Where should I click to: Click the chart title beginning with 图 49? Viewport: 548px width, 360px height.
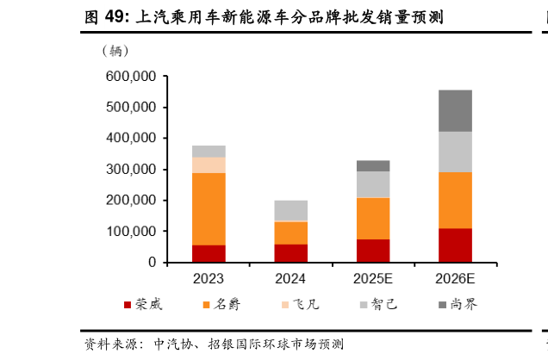pos(264,16)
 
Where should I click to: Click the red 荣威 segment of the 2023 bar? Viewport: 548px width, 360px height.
pos(209,253)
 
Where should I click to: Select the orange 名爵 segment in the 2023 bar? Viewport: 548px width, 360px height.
pos(209,209)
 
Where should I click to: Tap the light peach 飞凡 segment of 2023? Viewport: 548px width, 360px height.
pos(209,164)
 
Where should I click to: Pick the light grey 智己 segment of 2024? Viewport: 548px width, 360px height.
pos(290,210)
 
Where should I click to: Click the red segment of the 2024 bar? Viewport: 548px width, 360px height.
pos(290,252)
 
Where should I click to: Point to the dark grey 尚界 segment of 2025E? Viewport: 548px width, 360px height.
pos(373,165)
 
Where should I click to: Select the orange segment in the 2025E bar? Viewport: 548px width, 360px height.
pos(373,218)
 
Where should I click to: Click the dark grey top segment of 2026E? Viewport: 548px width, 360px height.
pos(455,110)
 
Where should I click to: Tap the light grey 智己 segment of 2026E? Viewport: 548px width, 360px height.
pos(455,152)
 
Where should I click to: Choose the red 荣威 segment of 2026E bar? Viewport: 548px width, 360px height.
pos(455,245)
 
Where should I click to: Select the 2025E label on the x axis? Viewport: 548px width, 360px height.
pos(373,279)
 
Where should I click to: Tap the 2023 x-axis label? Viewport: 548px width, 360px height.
pos(209,279)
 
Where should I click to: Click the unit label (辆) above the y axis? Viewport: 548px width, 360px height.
pos(116,50)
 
